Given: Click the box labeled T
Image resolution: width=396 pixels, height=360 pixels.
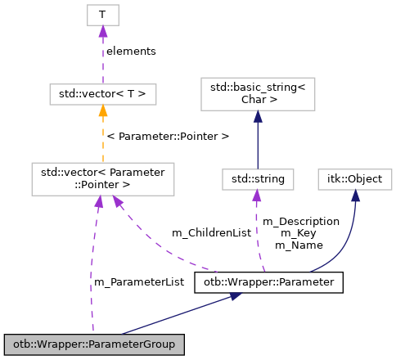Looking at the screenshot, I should click(x=102, y=14).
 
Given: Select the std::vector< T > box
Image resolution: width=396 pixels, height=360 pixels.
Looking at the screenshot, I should click(x=102, y=94).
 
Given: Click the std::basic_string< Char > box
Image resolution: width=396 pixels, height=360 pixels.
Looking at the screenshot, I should click(x=258, y=94).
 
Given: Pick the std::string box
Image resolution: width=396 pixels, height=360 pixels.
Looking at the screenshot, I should click(x=257, y=178).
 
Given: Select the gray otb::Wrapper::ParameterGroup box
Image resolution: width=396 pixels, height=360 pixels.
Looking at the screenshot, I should click(x=94, y=344).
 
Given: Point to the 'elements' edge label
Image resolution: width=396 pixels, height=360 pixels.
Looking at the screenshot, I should click(x=131, y=51).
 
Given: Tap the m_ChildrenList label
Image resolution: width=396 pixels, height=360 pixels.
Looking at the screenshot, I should click(x=211, y=233).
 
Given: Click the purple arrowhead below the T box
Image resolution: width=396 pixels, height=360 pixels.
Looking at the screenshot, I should click(x=102, y=31).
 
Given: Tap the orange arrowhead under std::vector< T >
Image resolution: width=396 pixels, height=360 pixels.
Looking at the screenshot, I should click(x=102, y=111).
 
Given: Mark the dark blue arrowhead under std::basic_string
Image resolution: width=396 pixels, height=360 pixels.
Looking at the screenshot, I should click(x=258, y=116).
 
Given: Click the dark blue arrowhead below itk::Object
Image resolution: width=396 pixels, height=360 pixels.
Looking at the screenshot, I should click(x=355, y=195).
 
